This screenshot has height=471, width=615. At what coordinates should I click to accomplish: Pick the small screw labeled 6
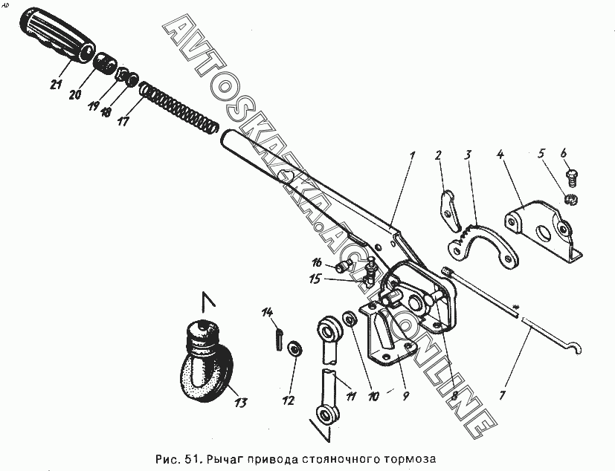(x=572, y=176)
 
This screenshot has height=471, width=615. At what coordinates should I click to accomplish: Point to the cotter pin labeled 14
(x=277, y=337)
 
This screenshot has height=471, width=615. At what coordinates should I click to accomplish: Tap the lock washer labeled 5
(x=570, y=199)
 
